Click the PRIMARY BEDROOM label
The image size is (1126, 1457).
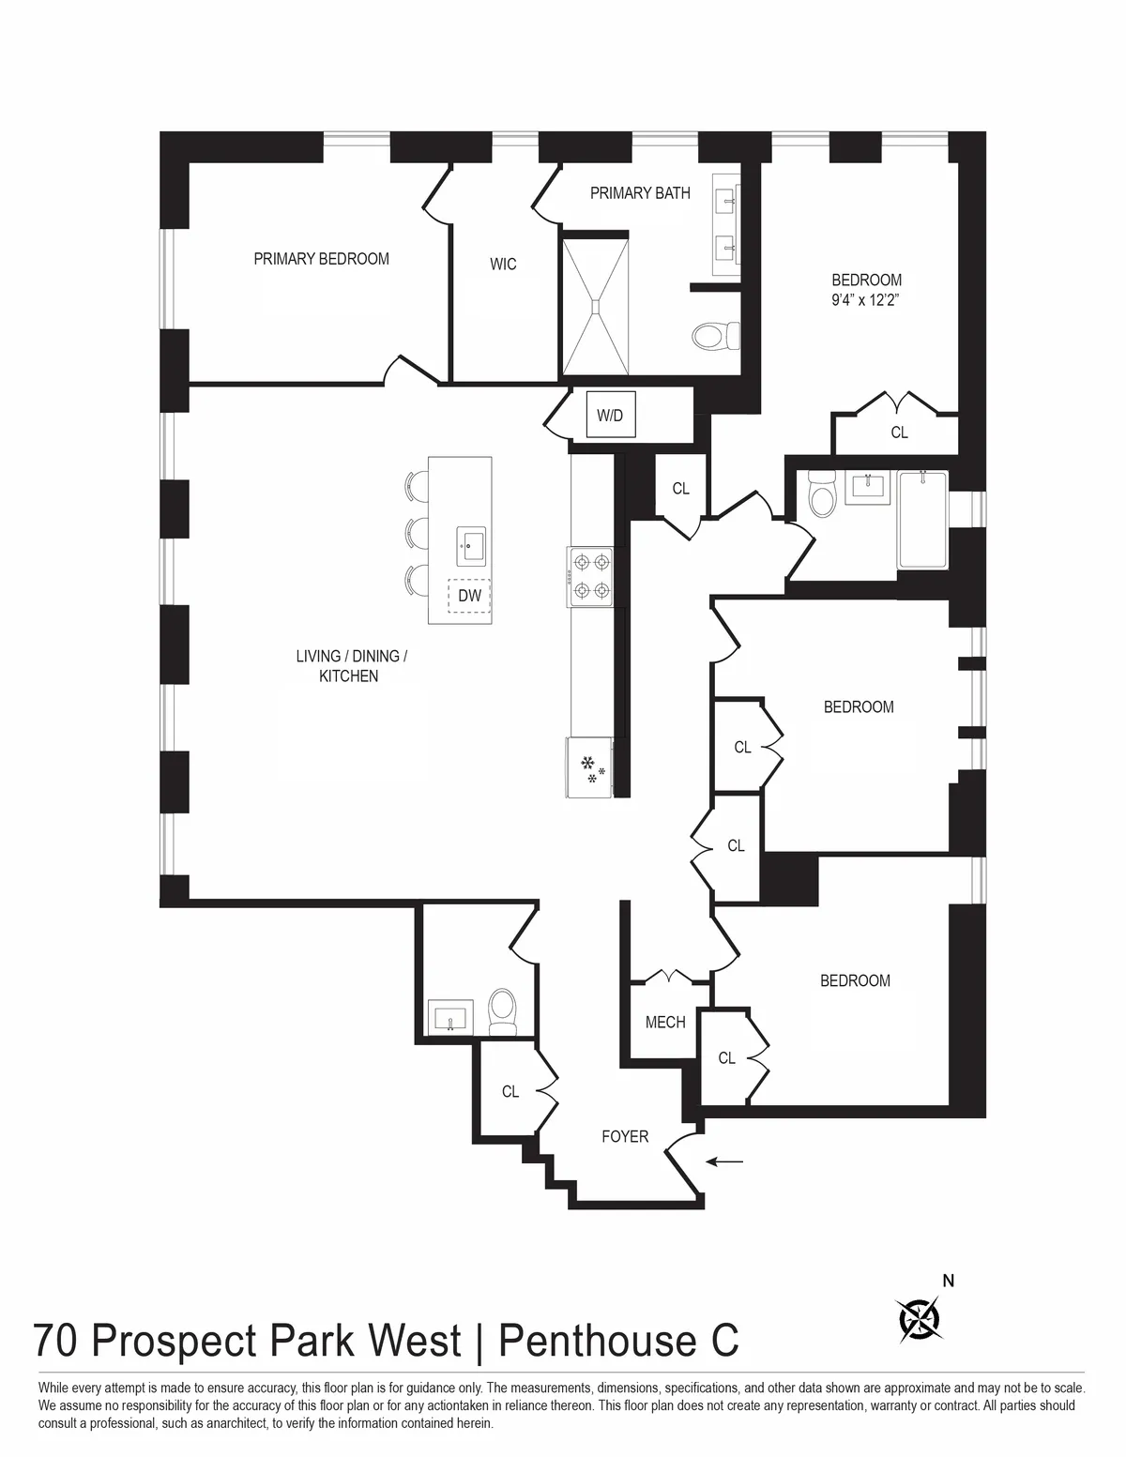[x=321, y=259]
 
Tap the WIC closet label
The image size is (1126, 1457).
[x=503, y=265]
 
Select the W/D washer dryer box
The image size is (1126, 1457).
[x=610, y=415]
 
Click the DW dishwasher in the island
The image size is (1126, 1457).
[x=469, y=596]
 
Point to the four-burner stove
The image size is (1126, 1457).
[x=590, y=576]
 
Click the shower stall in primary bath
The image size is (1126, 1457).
[x=595, y=304]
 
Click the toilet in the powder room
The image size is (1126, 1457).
[x=503, y=1011]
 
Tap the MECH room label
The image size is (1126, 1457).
[x=665, y=1023]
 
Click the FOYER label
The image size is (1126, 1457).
[x=625, y=1137]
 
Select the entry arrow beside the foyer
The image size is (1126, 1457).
[x=724, y=1161]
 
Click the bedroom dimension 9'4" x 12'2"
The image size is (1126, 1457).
[x=866, y=301]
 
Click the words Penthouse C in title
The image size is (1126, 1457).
[x=617, y=1341]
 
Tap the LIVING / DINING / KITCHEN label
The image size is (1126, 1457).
[x=351, y=666]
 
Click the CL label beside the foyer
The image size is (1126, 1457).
[x=510, y=1092]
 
